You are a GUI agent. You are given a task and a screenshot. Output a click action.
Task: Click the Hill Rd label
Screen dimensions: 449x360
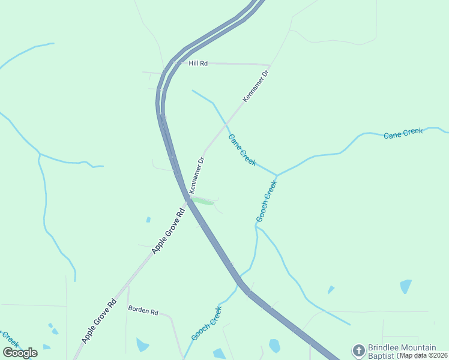point(197,63)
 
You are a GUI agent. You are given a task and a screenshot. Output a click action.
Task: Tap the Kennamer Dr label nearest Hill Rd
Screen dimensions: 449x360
point(255,86)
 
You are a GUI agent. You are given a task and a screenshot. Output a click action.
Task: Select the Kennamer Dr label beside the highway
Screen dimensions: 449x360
point(197,175)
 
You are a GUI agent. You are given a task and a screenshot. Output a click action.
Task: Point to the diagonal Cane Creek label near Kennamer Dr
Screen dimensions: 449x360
point(243,150)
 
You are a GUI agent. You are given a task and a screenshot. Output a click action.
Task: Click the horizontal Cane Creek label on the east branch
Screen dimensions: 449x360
point(403,133)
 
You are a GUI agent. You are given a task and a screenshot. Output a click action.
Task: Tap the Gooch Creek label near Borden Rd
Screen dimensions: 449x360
point(206,323)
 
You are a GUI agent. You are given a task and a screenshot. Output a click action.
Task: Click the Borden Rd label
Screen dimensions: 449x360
point(143,311)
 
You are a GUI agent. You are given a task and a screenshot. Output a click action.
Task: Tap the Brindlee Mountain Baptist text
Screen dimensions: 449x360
point(402,352)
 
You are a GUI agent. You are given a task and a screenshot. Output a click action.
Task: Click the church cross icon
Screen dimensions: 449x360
point(358,350)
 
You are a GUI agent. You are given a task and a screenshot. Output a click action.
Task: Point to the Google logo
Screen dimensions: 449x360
point(20,353)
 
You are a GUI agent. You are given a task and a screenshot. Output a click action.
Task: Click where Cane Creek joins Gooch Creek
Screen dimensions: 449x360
point(277,175)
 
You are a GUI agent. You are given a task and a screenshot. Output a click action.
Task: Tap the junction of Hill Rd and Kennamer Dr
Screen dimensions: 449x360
point(270,65)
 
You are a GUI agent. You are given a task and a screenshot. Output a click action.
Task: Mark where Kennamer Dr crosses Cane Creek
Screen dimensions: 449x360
point(226,124)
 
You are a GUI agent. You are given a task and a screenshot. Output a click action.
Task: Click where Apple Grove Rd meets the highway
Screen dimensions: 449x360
point(188,200)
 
